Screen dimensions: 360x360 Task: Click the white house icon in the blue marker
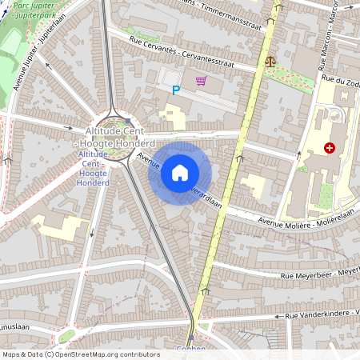pos(180,173)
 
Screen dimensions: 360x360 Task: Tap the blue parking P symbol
pos(176,90)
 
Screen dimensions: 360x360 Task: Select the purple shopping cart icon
pos(200,81)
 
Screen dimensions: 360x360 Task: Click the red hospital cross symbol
pos(330,148)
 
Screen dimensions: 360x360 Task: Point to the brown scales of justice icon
pos(269,60)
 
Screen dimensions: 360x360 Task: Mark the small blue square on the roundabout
pos(128,122)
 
